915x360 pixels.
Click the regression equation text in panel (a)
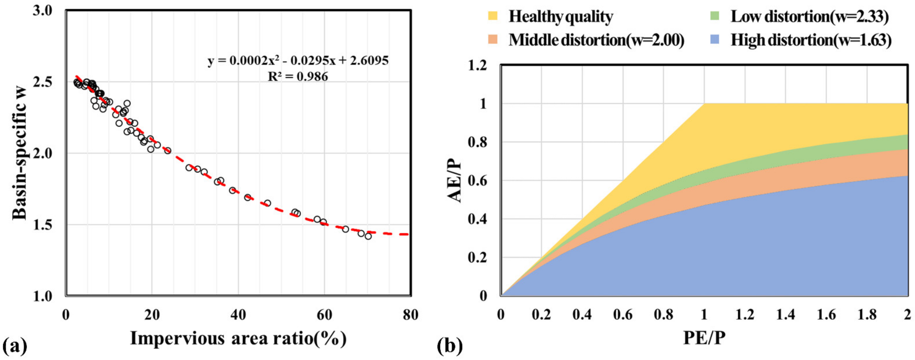click(x=298, y=61)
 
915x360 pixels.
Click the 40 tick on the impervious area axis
click(x=238, y=315)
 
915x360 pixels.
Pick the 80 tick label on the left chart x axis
click(x=410, y=315)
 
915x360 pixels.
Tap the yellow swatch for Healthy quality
click(x=493, y=16)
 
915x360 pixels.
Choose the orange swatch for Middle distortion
click(x=493, y=39)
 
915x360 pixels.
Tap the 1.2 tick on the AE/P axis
click(x=478, y=66)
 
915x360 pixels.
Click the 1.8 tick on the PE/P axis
click(x=867, y=315)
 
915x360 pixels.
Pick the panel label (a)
click(x=15, y=346)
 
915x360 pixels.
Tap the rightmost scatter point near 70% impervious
click(x=368, y=236)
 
